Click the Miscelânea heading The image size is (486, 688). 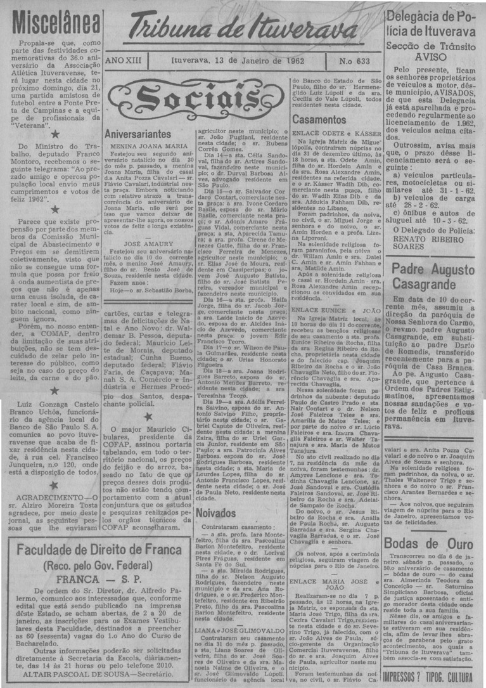[x=51, y=24]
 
